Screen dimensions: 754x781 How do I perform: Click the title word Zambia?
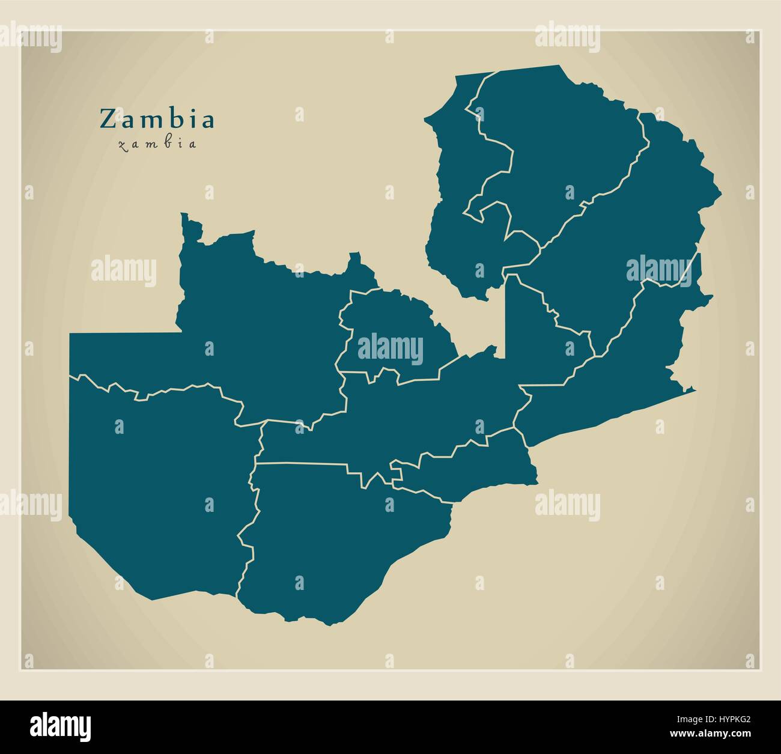click(157, 119)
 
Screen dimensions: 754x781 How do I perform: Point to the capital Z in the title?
click(107, 119)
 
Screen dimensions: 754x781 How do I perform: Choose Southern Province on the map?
click(336, 541)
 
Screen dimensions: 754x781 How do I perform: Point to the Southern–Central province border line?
click(300, 463)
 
